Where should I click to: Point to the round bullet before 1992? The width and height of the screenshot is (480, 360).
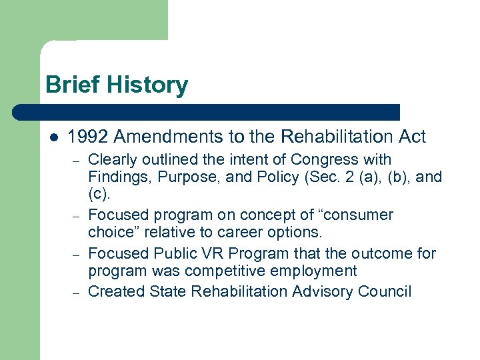tap(54, 137)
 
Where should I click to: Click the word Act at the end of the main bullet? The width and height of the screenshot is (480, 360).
tap(411, 137)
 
